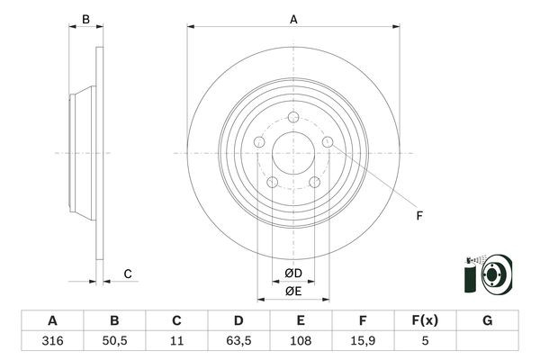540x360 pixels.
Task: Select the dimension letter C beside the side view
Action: point(128,274)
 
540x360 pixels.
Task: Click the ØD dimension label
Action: point(293,273)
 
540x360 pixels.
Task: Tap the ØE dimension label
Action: point(293,290)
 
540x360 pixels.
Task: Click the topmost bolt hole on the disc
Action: point(293,116)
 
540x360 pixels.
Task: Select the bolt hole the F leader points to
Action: point(328,141)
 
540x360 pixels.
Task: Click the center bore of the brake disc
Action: point(293,152)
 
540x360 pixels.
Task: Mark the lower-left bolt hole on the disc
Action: point(272,183)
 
